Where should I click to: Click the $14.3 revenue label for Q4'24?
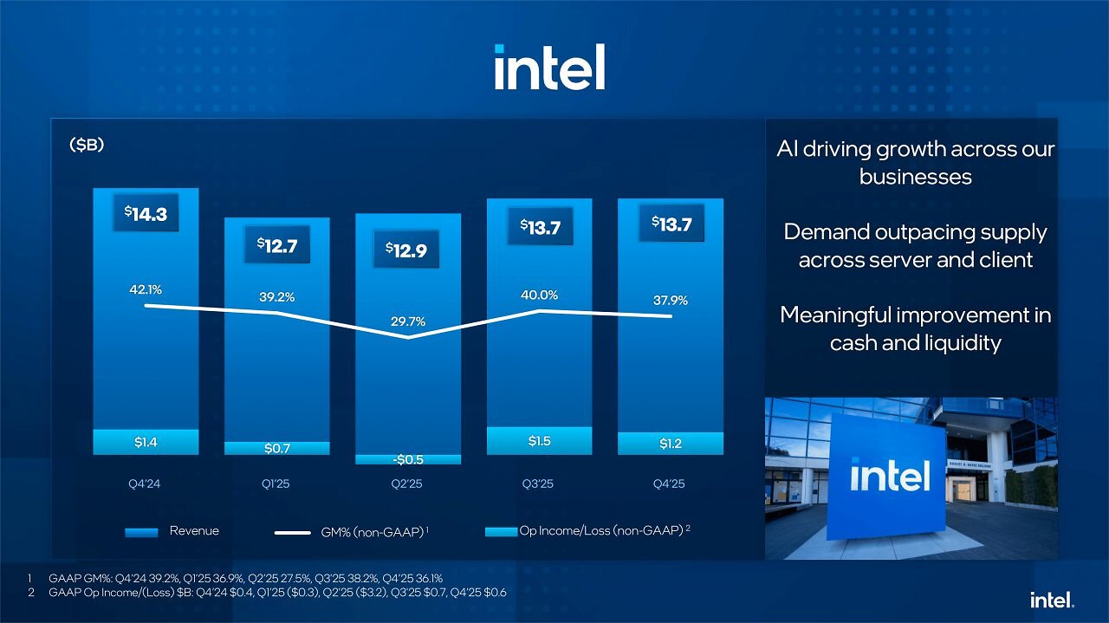click(146, 213)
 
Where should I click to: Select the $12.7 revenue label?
click(277, 244)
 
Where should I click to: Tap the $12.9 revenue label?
click(406, 250)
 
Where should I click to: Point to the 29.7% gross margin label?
click(408, 321)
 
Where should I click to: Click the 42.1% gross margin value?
click(146, 289)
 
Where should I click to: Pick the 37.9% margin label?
click(671, 300)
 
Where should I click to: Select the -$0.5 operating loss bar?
click(408, 459)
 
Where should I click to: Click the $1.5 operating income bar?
click(539, 441)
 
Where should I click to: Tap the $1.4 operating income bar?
click(146, 442)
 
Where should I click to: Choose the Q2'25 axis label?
click(406, 483)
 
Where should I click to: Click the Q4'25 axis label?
click(669, 483)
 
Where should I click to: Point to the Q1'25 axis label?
click(276, 483)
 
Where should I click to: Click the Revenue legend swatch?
click(141, 532)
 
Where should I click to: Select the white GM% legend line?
click(293, 533)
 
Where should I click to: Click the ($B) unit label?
click(87, 145)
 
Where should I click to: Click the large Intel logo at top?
click(549, 67)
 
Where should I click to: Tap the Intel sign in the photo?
click(890, 476)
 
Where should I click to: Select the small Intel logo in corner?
click(1052, 600)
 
